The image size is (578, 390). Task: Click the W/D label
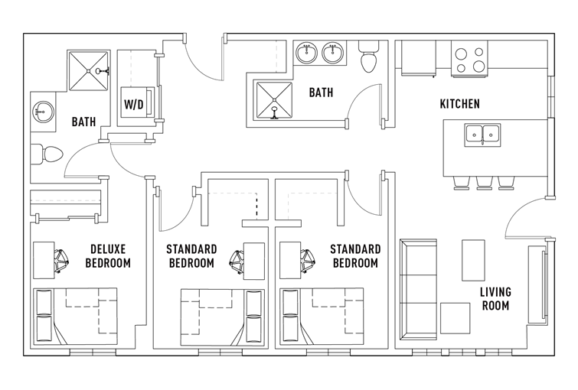[133, 105]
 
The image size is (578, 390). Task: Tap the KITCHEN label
[459, 104]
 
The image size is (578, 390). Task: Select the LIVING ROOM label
[495, 299]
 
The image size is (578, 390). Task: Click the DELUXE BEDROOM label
[108, 256]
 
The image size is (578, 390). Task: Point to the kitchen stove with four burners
[469, 59]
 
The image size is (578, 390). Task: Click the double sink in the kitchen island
[482, 135]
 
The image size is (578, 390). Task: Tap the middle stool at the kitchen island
[485, 183]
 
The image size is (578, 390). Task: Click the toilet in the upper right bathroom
[369, 57]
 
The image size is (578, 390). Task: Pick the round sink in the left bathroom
[43, 111]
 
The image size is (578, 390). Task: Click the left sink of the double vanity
[306, 53]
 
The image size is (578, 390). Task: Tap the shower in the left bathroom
[89, 70]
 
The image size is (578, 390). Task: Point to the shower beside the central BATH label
[274, 100]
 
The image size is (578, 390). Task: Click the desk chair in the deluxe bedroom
[61, 261]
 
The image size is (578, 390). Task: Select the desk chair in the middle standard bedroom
[237, 261]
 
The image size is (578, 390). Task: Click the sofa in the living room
[419, 290]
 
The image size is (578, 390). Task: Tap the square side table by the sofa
[456, 318]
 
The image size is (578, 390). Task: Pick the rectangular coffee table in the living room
[473, 260]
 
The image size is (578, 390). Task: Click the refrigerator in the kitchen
[419, 58]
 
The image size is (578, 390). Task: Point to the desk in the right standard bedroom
[290, 260]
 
